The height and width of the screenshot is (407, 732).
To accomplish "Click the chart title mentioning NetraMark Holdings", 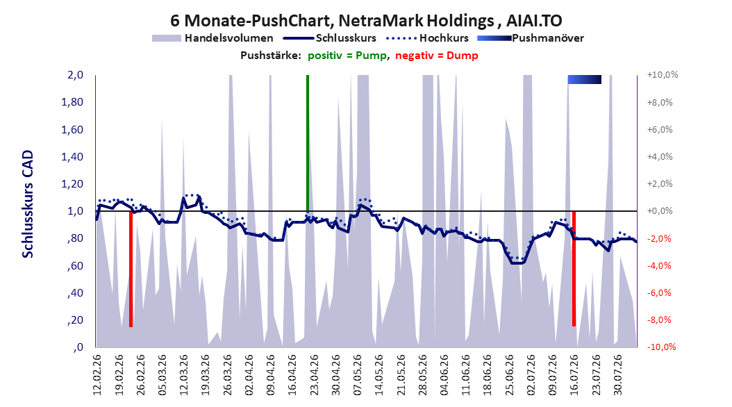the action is point(366,20).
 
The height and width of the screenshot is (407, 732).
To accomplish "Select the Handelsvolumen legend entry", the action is point(213,38).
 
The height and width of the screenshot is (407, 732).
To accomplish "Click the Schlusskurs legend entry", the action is point(330,38).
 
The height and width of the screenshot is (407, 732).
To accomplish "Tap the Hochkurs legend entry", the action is point(428,38).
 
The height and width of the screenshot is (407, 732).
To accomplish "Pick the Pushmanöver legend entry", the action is point(531,38).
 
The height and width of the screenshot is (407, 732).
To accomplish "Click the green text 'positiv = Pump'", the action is point(347,56).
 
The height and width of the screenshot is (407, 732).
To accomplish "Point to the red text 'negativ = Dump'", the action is point(437,56).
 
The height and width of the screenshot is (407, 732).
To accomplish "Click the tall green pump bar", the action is point(308,143).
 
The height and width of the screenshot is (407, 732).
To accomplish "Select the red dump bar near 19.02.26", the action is point(131,269).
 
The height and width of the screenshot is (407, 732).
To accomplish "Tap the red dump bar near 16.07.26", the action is point(574,269).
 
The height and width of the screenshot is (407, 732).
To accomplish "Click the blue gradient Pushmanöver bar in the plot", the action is point(585,79).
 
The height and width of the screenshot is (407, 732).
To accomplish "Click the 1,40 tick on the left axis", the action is point(72,157).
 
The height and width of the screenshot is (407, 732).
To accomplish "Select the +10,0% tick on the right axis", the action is point(663,75).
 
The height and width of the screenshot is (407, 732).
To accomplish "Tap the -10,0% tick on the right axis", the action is point(661,347).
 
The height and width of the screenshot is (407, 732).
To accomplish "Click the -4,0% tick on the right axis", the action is point(659,265).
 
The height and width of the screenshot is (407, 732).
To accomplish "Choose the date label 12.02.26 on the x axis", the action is point(97,375).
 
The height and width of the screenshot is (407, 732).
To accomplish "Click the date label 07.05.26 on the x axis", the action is point(358,375).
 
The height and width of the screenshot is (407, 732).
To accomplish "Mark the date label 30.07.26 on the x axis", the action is point(617,375).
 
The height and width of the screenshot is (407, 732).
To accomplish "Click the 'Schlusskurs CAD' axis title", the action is point(28,204).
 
